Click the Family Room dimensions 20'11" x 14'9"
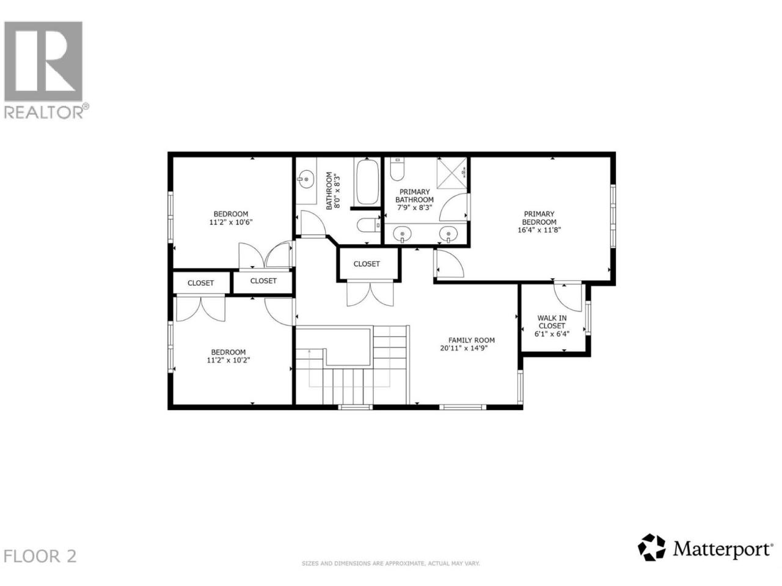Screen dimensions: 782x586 (x=464, y=348)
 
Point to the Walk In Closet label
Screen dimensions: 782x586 (x=552, y=322)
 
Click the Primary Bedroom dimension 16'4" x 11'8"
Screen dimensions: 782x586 (x=539, y=230)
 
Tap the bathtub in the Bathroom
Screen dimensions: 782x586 (x=367, y=182)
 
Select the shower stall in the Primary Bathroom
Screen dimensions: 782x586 (x=451, y=173)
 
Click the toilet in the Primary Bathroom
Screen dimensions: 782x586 (x=397, y=169)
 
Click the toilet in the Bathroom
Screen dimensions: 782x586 (x=368, y=225)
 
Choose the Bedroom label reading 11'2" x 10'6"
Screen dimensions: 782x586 (x=231, y=218)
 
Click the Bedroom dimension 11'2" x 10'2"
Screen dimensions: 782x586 (x=228, y=360)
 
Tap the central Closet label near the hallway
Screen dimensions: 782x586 (x=367, y=264)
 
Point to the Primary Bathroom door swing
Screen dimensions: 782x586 (x=453, y=207)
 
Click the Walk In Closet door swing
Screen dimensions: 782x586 (x=568, y=298)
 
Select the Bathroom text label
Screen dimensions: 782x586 (x=329, y=190)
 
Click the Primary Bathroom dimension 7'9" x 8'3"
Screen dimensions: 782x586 (x=414, y=208)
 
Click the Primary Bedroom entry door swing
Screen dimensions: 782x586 (x=450, y=264)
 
